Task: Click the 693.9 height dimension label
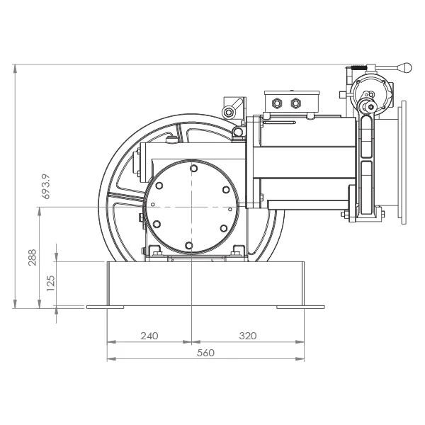coord(46,186)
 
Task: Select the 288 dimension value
coord(33,258)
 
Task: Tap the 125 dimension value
coord(51,283)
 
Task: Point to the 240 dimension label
coord(149,336)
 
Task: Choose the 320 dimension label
coord(248,336)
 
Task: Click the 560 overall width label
coord(205,353)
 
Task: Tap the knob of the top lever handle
coord(405,67)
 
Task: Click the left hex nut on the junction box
coord(276,103)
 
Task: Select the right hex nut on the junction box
coord(295,103)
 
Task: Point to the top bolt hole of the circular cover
coord(194,169)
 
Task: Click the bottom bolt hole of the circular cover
coord(188,246)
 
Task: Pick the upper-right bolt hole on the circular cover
coord(226,190)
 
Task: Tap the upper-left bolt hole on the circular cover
coord(159,186)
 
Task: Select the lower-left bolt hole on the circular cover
coord(157,224)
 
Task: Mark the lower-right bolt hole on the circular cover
coord(224,228)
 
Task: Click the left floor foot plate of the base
coord(105,307)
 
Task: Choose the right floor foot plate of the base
coord(300,307)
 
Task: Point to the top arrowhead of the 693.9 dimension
coord(15,69)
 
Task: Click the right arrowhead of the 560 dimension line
coord(300,359)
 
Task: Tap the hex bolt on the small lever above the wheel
coord(229,112)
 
